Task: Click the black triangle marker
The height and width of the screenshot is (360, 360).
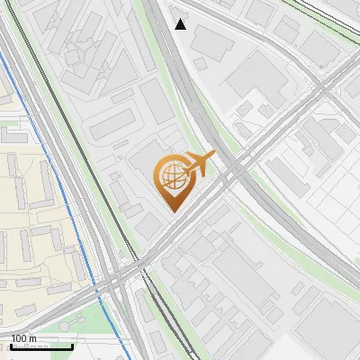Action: tap(181, 24)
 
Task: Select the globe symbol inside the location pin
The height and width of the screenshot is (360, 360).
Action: tap(171, 177)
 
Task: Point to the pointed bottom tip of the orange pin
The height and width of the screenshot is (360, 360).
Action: tap(172, 211)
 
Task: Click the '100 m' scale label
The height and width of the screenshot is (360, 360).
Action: tap(23, 338)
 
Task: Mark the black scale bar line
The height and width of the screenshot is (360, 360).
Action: tap(41, 346)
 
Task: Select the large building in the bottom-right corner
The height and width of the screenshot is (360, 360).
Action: tap(328, 328)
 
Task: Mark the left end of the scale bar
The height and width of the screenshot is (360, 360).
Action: tap(11, 346)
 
